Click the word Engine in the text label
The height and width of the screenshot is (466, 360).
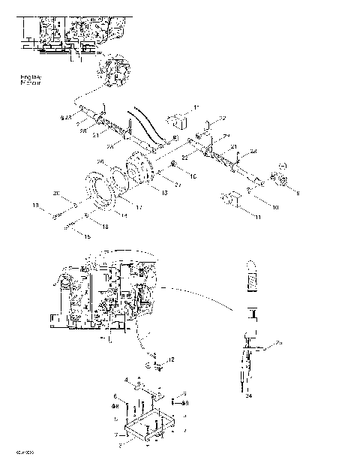[x=31, y=77]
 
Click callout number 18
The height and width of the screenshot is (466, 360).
[x=105, y=225]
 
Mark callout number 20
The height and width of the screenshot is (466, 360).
[x=55, y=194]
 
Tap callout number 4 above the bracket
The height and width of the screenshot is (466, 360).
[x=127, y=380]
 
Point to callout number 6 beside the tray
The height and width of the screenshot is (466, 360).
[x=115, y=396]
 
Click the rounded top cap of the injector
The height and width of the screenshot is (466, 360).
[x=252, y=269]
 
